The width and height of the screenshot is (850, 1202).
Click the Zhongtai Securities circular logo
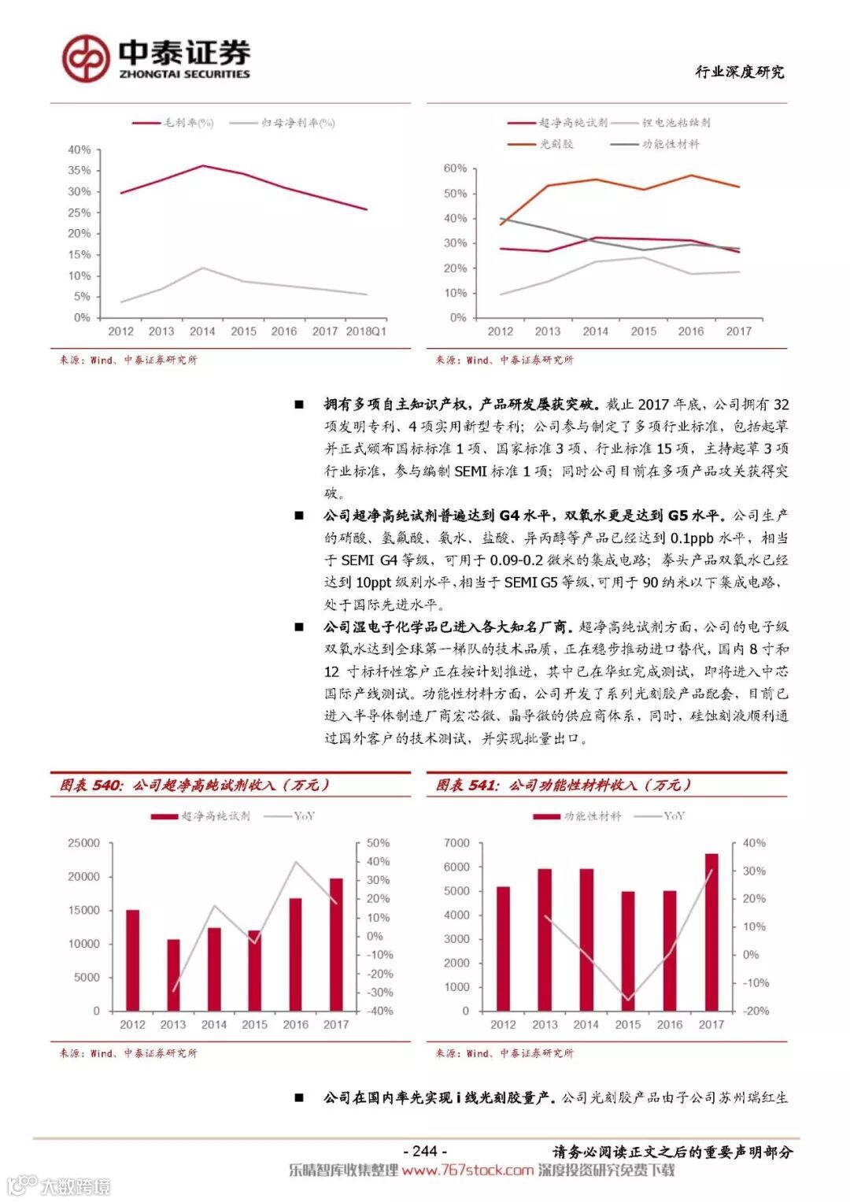[87, 57]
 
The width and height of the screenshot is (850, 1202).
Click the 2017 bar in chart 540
[336, 944]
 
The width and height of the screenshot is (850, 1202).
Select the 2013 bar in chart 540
[173, 975]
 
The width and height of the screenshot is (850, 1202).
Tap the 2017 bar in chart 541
[711, 932]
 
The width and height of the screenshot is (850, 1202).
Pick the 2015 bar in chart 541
[628, 951]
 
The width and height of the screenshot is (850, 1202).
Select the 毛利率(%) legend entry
[173, 123]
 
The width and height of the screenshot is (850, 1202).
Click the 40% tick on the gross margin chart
[79, 150]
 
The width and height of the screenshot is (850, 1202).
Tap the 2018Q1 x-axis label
[366, 331]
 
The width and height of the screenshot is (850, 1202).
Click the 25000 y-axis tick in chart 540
[84, 843]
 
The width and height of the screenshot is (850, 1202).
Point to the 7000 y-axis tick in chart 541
[456, 843]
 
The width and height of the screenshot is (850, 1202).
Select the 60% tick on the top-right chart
[455, 168]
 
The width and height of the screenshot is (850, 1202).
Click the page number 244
[424, 1151]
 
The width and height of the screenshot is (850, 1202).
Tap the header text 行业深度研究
[739, 72]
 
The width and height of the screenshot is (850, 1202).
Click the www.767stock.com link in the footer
[468, 1171]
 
